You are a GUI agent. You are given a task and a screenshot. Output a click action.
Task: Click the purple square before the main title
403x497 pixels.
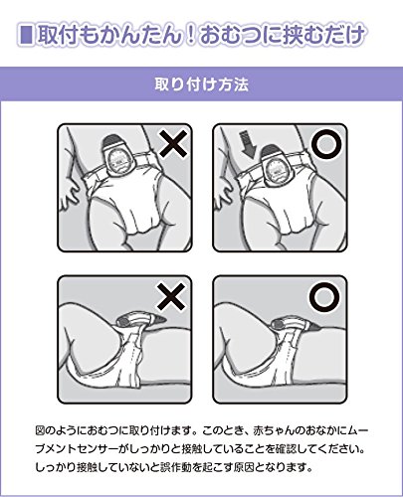(x=26, y=35)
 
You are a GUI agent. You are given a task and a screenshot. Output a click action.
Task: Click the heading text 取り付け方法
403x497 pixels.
(x=202, y=84)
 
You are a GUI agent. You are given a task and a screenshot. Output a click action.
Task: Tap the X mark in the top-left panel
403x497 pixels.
(x=173, y=142)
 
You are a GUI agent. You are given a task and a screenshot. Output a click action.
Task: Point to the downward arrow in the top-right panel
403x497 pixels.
(x=248, y=145)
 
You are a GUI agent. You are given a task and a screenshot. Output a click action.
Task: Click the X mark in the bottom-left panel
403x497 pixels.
(x=171, y=296)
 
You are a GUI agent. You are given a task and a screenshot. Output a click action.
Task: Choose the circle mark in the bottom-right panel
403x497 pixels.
(x=324, y=296)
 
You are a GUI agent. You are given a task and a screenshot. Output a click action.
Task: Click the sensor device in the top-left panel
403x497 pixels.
(x=118, y=155)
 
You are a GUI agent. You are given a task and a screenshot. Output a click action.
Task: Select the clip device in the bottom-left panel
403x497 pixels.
(x=141, y=321)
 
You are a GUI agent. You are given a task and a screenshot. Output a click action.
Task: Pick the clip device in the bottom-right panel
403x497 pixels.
(x=295, y=324)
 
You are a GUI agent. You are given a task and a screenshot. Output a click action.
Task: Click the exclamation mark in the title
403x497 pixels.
(x=190, y=35)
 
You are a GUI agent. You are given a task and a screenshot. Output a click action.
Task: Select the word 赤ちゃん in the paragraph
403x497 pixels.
(x=274, y=430)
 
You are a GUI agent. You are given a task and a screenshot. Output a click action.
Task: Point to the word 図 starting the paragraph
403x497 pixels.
(x=41, y=430)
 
